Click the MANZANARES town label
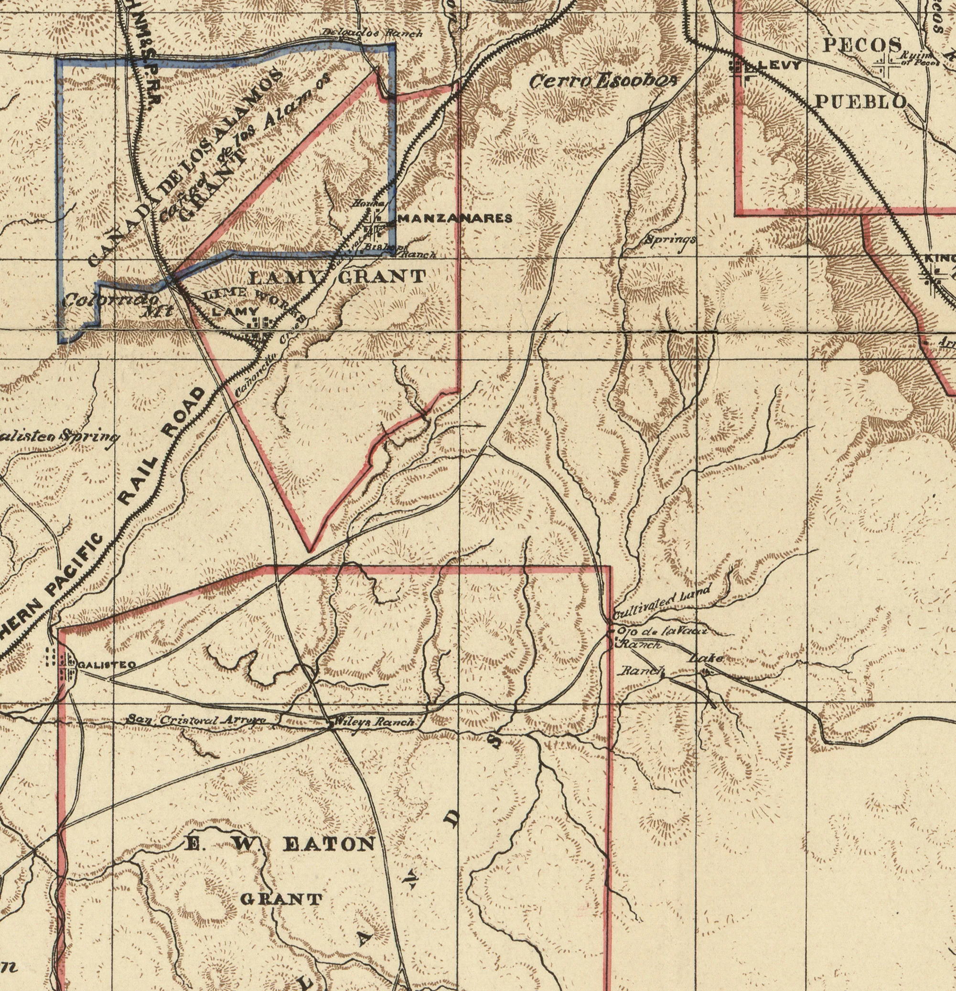(x=455, y=218)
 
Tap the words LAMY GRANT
(x=338, y=277)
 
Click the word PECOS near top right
(x=862, y=44)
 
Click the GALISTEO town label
(x=106, y=665)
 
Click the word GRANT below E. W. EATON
(x=280, y=899)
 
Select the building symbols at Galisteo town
(x=61, y=663)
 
